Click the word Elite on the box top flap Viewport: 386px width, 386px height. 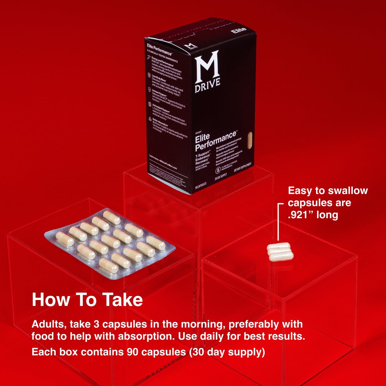tap(239, 30)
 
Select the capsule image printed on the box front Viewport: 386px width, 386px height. tap(249, 140)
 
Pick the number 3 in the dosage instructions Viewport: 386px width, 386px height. tap(97, 324)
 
